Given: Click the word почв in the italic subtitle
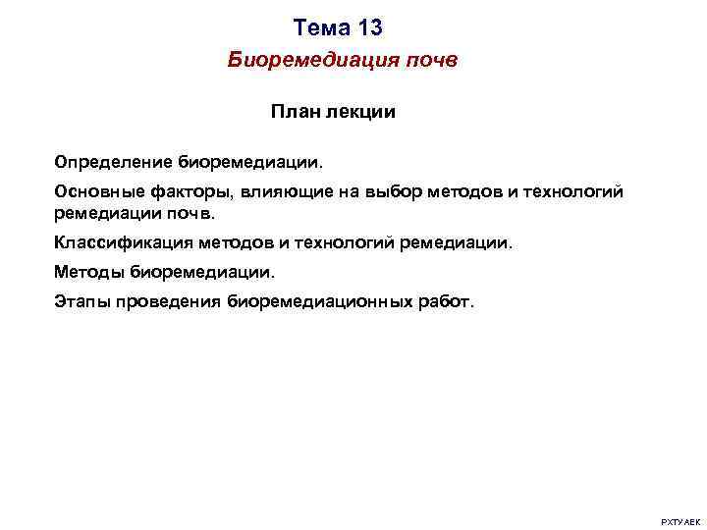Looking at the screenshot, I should (428, 61).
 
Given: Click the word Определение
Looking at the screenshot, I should (113, 159).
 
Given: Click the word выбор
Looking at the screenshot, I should (392, 192).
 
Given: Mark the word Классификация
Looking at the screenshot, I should (124, 241).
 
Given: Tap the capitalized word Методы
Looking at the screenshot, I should (89, 271).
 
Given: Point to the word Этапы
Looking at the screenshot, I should (82, 301).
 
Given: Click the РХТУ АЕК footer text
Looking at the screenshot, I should (679, 520).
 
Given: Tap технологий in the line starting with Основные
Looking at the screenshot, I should (576, 192).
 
